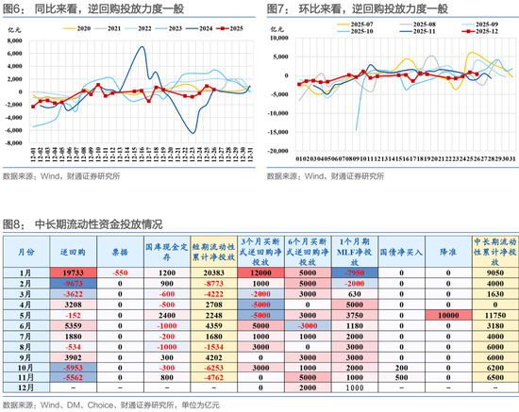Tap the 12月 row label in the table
[27, 388]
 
